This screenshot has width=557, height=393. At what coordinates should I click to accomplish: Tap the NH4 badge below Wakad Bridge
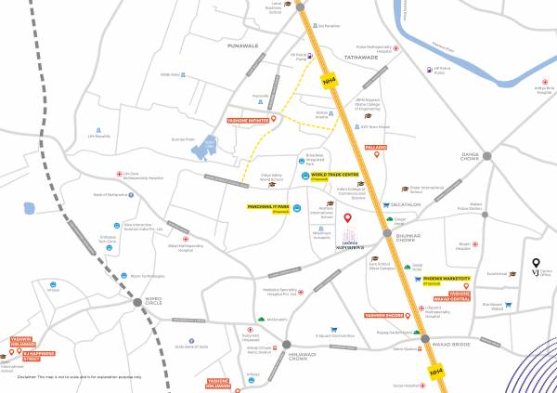pos(436,371)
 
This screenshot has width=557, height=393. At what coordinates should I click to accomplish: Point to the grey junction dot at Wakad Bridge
pos(426,342)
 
